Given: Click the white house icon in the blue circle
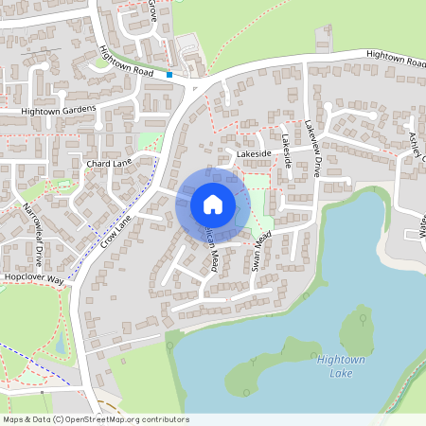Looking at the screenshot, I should pos(213,204).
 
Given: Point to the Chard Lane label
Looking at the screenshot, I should pos(109,164).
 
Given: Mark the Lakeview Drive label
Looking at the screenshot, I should pos(313,149).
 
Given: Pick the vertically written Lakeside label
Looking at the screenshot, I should pos(286,152).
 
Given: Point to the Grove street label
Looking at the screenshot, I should pos(152,10).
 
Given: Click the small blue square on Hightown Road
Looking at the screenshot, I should pos(169,74).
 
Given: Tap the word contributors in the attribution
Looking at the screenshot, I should pos(163,418).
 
